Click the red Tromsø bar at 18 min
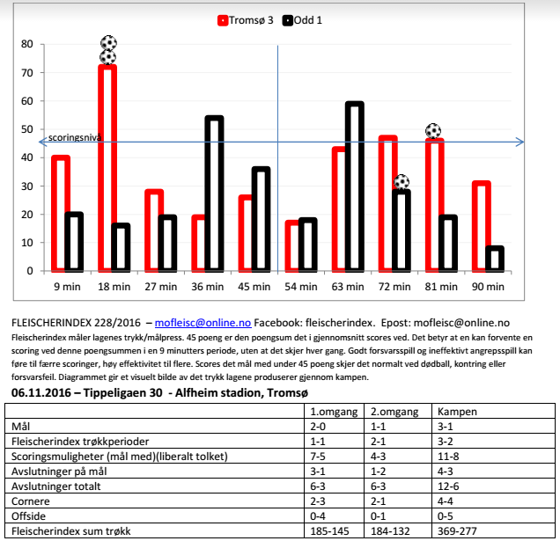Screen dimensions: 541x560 [107, 167]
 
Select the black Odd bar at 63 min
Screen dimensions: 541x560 [354, 186]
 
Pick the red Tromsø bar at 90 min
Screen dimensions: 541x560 [481, 226]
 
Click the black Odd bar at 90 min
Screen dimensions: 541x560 [496, 259]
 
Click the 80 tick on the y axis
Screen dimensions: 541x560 [26, 44]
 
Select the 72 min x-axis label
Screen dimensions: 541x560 [394, 286]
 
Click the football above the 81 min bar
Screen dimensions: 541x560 [433, 131]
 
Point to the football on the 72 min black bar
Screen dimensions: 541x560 [402, 182]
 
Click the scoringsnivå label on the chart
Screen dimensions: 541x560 [75, 138]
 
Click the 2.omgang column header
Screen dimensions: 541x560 [394, 412]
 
